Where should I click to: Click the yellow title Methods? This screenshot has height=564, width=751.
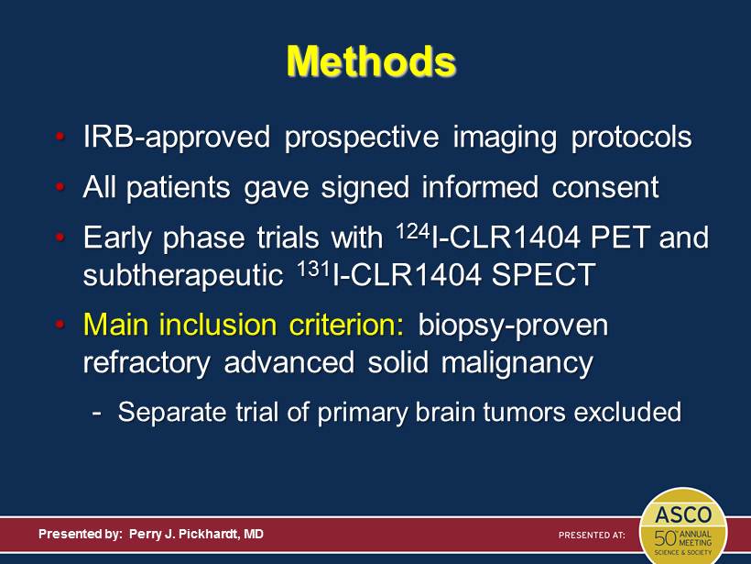(371, 61)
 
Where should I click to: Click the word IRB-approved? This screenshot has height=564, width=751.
(177, 138)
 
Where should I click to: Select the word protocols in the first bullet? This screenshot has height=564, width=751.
(632, 138)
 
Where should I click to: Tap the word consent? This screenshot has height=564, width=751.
(605, 186)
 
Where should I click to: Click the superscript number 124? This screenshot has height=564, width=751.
(413, 232)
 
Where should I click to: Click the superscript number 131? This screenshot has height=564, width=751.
(314, 269)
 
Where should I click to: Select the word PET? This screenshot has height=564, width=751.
(620, 238)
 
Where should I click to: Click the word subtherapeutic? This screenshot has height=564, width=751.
(183, 276)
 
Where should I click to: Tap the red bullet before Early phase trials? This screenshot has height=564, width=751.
(60, 237)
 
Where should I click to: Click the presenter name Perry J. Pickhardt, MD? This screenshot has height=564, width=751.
(196, 535)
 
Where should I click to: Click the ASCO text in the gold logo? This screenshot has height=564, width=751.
(683, 515)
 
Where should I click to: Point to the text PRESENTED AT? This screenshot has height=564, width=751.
(592, 535)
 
